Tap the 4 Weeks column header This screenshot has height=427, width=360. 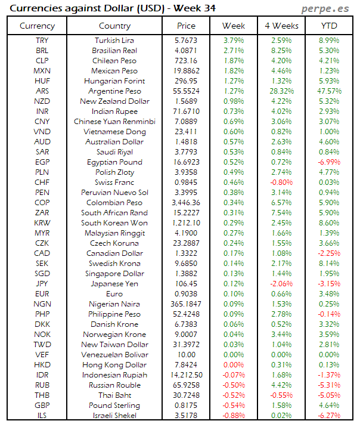point(281,26)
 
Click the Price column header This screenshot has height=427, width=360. point(186,26)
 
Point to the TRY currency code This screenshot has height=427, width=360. point(42,40)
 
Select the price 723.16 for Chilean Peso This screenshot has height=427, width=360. point(186,60)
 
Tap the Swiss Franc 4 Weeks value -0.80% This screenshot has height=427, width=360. point(281,182)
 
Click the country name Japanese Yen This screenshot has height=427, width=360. point(114,283)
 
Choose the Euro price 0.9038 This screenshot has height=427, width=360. point(186,293)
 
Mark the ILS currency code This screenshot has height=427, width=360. point(42,415)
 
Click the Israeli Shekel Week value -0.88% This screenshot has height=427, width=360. point(234,415)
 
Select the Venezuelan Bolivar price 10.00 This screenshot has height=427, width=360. point(186,354)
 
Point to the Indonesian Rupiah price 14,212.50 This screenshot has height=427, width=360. point(186,375)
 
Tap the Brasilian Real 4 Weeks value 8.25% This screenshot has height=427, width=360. point(281,50)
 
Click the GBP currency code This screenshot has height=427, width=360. point(42,405)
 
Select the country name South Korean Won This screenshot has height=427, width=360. point(114,222)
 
